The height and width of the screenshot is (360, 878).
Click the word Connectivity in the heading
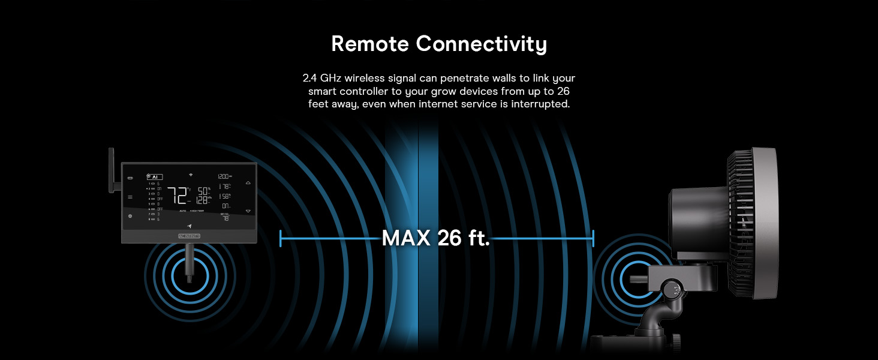[x=482, y=44]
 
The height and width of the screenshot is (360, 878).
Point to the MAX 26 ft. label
[x=436, y=238]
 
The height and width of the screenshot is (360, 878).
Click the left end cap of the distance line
[x=281, y=238]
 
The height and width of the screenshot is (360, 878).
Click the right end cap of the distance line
[x=593, y=238]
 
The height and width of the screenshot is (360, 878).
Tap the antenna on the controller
[x=112, y=170]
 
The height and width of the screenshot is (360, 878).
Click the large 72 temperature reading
[x=178, y=196]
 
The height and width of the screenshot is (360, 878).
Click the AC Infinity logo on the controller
[x=190, y=236]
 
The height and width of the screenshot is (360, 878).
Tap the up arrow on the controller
[x=248, y=182]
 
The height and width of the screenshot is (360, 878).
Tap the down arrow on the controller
[x=248, y=211]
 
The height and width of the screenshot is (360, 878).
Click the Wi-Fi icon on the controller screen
[x=190, y=175]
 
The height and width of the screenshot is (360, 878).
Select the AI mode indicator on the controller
[x=154, y=176]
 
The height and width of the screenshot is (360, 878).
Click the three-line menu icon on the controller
[x=130, y=197]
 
